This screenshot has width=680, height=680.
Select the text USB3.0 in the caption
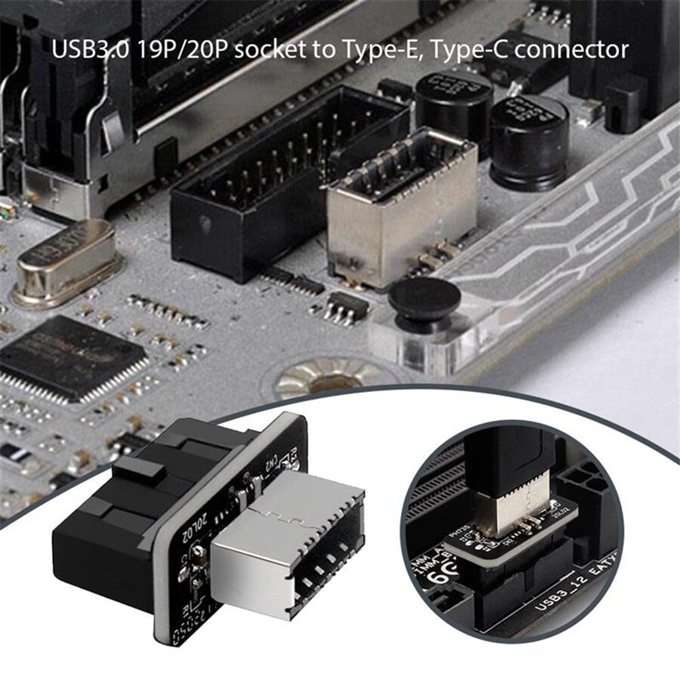[x=82, y=51]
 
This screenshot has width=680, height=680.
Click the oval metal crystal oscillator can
[x=66, y=261]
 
